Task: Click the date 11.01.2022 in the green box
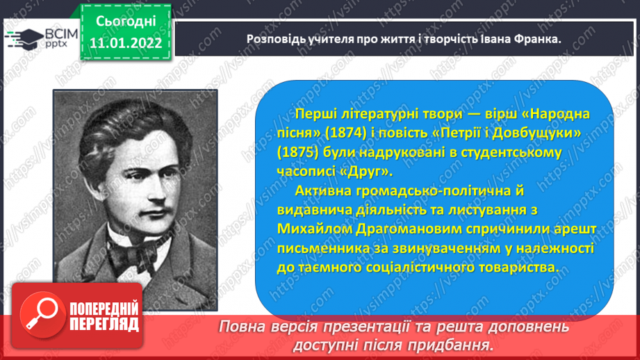[x=126, y=43]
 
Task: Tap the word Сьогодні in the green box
[x=126, y=22]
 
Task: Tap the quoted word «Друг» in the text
[x=366, y=172]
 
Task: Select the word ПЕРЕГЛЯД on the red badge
[x=104, y=325]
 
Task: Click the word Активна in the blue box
[x=322, y=190]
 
